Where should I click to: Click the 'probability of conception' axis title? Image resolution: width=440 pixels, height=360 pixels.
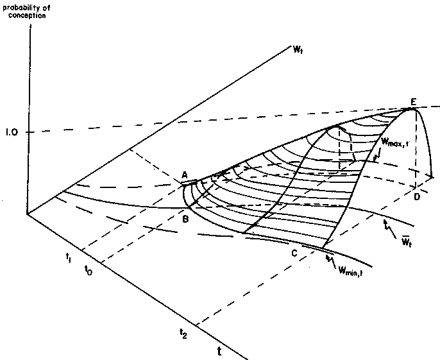coord(26,12)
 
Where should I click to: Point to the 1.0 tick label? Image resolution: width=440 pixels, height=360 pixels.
coord(12,132)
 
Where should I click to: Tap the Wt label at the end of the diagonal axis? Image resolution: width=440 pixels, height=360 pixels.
coord(298,50)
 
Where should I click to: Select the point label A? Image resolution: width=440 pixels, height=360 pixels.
coord(184,175)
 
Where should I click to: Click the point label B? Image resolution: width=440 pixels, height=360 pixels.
coord(185,219)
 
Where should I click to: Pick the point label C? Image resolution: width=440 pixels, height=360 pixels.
coord(294,253)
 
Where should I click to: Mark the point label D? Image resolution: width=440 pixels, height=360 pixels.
coord(417,197)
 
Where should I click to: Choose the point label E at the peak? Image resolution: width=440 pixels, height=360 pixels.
coord(413,101)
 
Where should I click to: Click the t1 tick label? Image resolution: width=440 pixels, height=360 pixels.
coord(68,257)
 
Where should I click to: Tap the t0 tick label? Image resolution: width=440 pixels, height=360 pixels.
coord(88,270)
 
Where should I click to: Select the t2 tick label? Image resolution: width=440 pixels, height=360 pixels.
coord(183,334)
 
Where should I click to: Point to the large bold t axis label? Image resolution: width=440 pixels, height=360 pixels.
coord(219,351)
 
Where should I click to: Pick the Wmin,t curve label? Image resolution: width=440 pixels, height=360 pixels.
coord(350,271)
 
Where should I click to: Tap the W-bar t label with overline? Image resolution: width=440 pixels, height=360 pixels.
coord(407,243)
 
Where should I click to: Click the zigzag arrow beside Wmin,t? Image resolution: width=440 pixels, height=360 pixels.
coord(330,261)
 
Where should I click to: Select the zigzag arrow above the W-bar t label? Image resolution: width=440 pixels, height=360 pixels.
coord(390,229)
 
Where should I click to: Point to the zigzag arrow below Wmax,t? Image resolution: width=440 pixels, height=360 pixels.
coord(377,155)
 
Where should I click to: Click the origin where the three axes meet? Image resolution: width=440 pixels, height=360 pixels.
coord(27,214)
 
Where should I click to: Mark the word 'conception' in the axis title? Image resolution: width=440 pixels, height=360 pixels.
coord(27,15)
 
